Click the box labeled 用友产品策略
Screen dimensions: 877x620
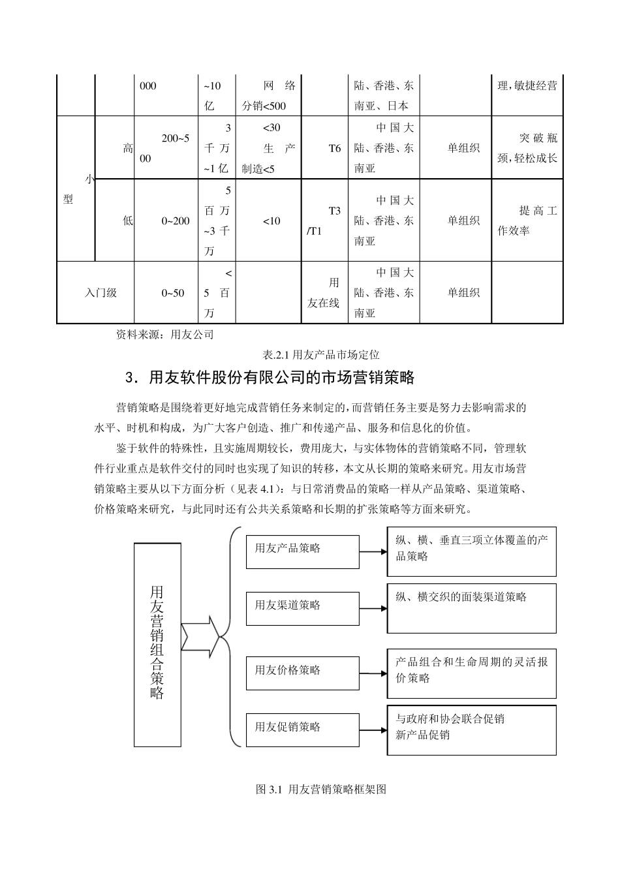point(302,551)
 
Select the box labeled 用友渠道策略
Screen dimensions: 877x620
point(302,608)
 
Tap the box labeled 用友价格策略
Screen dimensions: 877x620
point(302,673)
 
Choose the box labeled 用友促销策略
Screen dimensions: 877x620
point(302,730)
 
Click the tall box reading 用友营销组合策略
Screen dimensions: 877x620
point(157,644)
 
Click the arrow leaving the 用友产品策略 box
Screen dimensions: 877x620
point(373,551)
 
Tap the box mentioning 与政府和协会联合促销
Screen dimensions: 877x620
point(472,729)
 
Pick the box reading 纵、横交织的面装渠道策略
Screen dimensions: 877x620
point(472,608)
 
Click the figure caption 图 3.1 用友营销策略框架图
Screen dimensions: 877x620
point(321,790)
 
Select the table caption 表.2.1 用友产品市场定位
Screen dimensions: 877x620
point(320,355)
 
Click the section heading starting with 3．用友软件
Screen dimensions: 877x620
point(270,378)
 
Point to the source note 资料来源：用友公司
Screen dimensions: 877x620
point(164,335)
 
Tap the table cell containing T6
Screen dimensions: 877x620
point(325,148)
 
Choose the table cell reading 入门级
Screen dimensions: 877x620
point(96,293)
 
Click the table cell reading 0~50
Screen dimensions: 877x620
point(166,293)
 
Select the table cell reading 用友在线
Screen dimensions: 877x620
point(325,293)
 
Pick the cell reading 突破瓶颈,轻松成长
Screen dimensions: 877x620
point(527,148)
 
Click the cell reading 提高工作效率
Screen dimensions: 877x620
point(527,221)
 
